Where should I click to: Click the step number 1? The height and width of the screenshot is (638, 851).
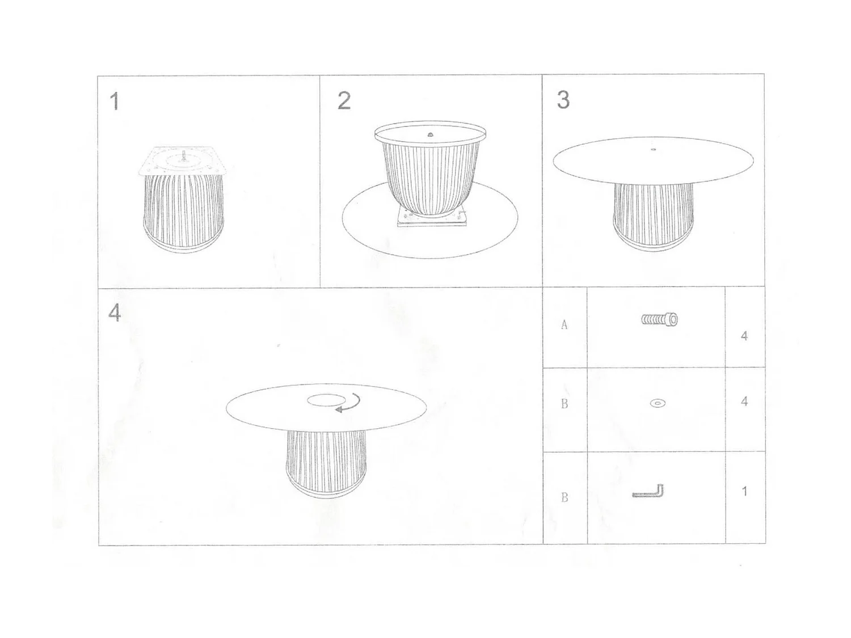tap(115, 102)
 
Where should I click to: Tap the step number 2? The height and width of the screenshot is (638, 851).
tap(344, 100)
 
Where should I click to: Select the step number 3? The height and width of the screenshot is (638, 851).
tap(563, 100)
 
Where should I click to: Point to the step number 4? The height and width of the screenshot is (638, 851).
tap(115, 312)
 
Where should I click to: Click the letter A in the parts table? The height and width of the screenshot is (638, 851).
tap(564, 325)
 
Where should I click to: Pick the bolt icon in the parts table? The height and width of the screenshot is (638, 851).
tap(659, 320)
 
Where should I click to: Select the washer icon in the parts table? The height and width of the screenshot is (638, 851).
tap(658, 404)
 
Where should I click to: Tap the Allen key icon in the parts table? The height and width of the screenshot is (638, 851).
tap(649, 492)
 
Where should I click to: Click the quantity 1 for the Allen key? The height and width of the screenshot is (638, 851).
tap(744, 491)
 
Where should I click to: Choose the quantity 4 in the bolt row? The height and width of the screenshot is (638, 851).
tap(744, 336)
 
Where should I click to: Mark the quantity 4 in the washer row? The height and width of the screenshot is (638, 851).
tap(744, 402)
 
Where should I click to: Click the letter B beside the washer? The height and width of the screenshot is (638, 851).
tap(564, 404)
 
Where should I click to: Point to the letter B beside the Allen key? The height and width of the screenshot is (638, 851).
tap(564, 497)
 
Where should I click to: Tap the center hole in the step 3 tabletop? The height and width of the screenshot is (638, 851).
tap(653, 150)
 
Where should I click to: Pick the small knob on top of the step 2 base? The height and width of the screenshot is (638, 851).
tap(430, 134)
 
